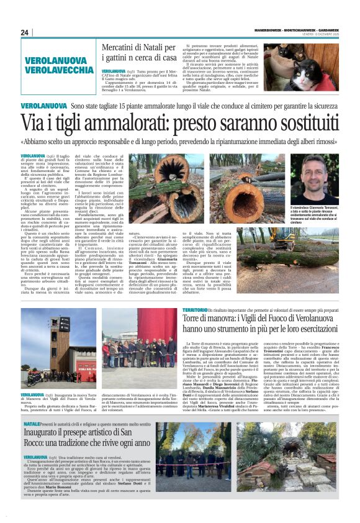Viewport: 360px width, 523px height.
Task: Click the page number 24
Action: pos(25,32)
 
